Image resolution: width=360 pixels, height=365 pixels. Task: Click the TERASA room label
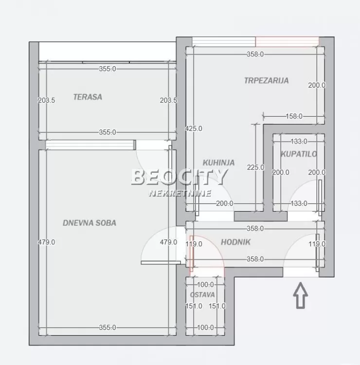[88, 97]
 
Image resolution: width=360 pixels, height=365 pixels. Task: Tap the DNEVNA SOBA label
[90, 223]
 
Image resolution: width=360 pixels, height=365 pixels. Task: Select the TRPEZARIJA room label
[266, 80]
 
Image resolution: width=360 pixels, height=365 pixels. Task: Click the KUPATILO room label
[299, 154]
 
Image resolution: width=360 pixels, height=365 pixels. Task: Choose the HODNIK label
[236, 242]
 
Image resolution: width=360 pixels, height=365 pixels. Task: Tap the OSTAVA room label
[202, 294]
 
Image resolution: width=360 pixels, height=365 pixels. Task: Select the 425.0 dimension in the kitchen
[194, 128]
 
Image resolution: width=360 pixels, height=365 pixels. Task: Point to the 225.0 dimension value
[255, 167]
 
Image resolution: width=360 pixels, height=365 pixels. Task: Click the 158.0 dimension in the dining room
[294, 116]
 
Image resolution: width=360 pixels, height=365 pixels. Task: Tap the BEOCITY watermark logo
[179, 177]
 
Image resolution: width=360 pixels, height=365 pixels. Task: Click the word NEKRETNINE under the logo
[180, 193]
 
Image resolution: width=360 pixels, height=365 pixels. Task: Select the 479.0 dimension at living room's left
[47, 242]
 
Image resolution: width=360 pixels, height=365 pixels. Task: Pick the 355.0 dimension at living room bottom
[108, 328]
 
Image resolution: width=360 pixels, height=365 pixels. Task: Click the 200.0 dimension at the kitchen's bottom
[224, 203]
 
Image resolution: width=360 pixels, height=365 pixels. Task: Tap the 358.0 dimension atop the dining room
[255, 55]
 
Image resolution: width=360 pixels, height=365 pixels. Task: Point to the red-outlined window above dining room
[287, 41]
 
